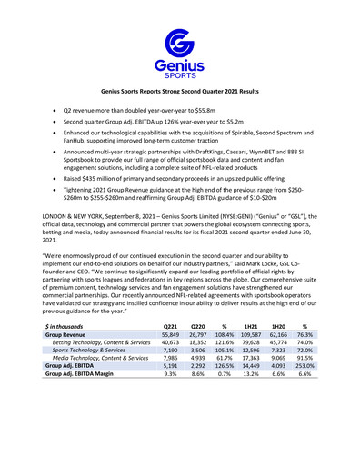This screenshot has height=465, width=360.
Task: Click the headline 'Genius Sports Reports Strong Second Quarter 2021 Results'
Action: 179,93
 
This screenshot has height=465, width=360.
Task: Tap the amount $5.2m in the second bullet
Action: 236,120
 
